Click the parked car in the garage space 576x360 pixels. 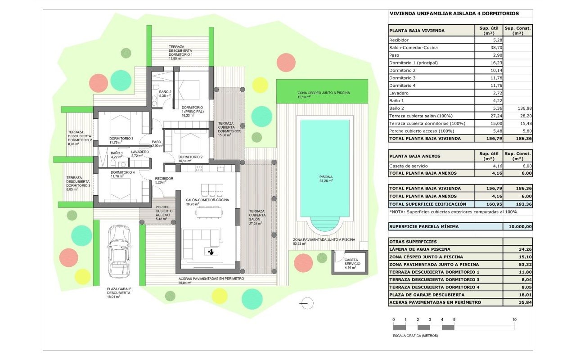(x=119, y=252)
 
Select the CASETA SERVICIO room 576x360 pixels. (x=350, y=262)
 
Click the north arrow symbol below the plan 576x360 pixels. (x=306, y=303)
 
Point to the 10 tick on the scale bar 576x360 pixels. (x=514, y=319)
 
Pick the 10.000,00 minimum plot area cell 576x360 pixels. (x=520, y=226)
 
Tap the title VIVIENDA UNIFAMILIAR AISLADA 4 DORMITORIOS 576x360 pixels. (x=454, y=13)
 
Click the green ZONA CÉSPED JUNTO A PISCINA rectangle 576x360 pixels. (x=322, y=91)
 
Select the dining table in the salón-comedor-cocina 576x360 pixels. (x=209, y=212)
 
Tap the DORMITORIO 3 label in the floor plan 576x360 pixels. (x=121, y=139)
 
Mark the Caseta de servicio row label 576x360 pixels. (x=408, y=166)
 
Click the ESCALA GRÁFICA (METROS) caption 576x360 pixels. (x=415, y=336)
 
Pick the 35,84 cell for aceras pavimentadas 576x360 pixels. (x=525, y=302)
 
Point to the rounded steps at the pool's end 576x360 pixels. (x=324, y=224)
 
